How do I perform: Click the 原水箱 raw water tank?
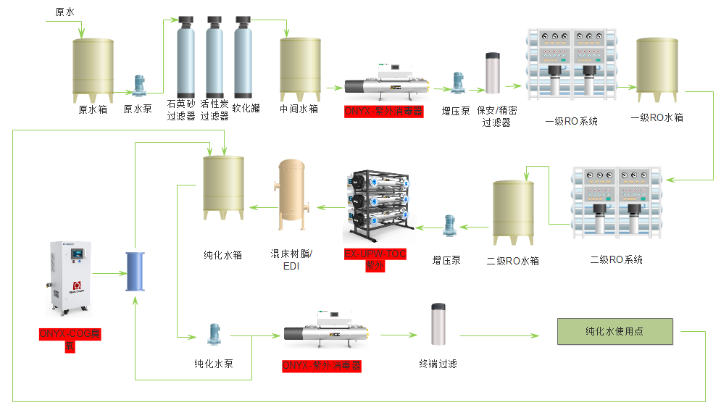93,70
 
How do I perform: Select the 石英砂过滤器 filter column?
186,58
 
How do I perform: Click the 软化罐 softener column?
243,58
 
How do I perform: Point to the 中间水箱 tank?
301,70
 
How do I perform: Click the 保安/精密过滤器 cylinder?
493,72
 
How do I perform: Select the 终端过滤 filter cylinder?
438,325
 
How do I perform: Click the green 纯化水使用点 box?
614,331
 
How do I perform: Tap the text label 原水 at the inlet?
64,12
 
